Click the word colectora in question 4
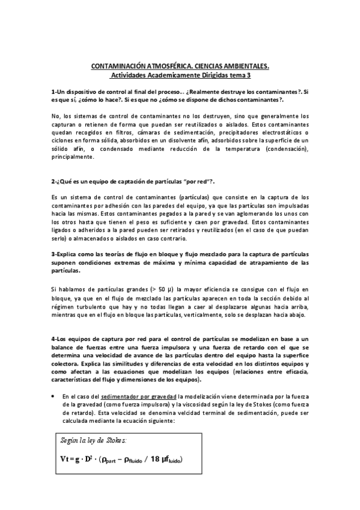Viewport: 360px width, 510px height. tap(69, 364)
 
